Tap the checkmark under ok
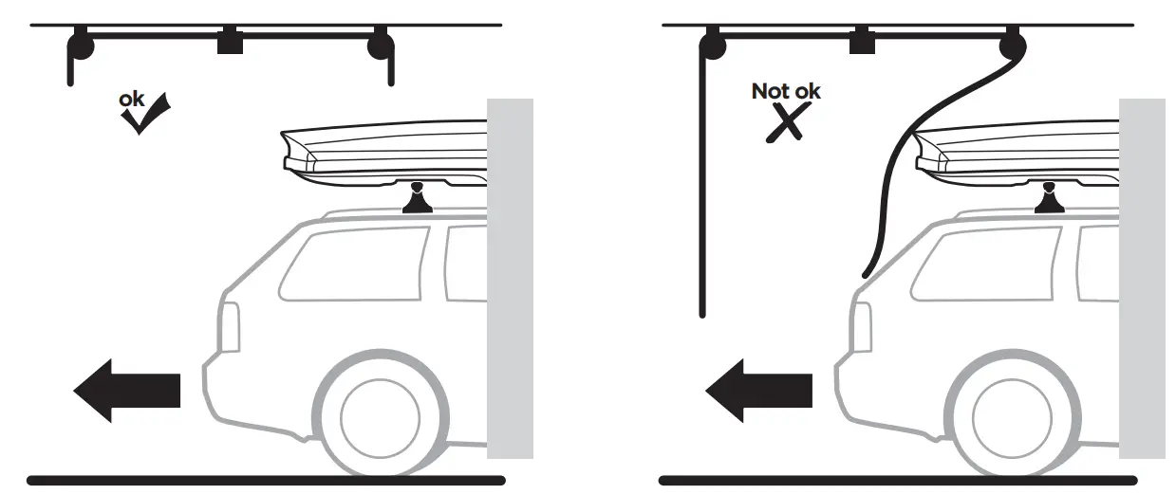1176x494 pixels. pyautogui.click(x=144, y=115)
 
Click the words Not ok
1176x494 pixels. pyautogui.click(x=786, y=91)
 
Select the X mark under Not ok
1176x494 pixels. pyautogui.click(x=787, y=123)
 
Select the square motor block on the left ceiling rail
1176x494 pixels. pyautogui.click(x=231, y=42)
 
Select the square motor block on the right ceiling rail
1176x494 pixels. pyautogui.click(x=862, y=42)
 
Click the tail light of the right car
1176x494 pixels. pyautogui.click(x=863, y=328)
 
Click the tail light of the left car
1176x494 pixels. pyautogui.click(x=231, y=328)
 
